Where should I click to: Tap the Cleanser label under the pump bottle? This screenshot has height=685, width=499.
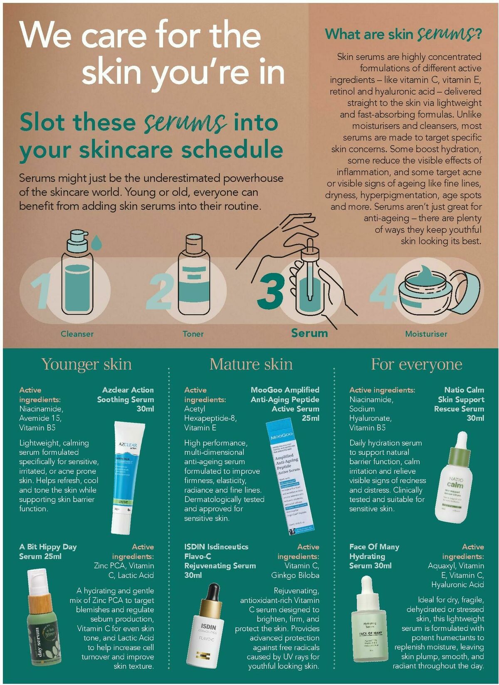77,334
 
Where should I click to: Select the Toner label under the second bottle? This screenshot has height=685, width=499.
193,334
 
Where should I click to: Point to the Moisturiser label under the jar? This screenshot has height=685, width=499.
426,334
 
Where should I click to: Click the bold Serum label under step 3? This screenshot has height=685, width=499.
309,333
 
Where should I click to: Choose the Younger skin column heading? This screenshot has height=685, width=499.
86,364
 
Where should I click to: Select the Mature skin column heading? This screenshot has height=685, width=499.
251,364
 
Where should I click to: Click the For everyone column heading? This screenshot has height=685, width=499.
416,364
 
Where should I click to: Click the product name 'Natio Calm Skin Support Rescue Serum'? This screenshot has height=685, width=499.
459,404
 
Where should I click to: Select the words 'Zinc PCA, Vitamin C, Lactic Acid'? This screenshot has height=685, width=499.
124,570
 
